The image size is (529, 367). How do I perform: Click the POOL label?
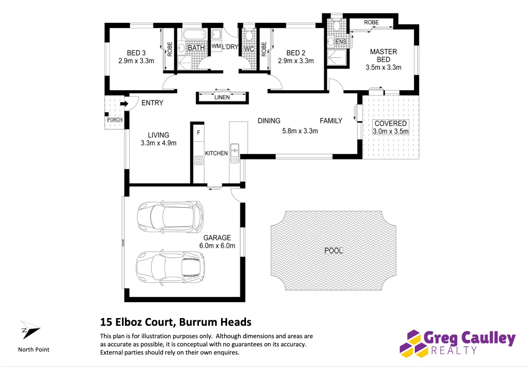[x=333, y=251]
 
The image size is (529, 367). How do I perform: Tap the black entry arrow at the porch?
[x=124, y=103]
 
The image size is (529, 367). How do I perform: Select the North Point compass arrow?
[x=30, y=330]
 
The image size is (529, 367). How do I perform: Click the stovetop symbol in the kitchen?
[x=199, y=161]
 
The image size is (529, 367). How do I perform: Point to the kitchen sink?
[x=235, y=153]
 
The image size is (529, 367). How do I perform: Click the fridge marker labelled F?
[x=199, y=133]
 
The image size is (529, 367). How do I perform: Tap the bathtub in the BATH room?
[x=194, y=35]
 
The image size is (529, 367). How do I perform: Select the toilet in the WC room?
[x=249, y=35]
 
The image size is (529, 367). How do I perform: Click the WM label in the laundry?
[x=216, y=46]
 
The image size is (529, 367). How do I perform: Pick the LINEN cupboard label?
[x=222, y=97]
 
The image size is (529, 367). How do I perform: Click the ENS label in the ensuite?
[x=341, y=42]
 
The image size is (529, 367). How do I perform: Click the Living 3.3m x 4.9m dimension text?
[x=158, y=143]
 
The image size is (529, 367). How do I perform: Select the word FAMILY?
[x=331, y=121]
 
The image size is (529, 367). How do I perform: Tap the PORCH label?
[x=115, y=120]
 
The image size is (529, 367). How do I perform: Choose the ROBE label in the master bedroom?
[x=371, y=22]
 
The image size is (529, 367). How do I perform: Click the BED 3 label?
[x=136, y=53]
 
